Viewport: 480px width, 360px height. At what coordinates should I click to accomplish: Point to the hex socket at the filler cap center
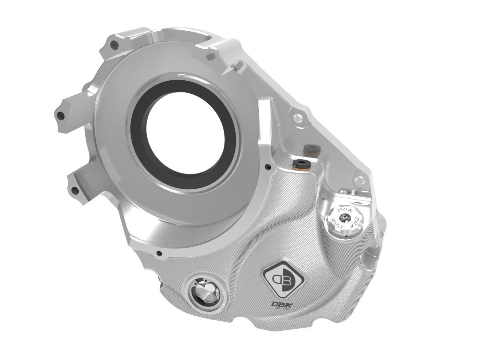click(x=344, y=218)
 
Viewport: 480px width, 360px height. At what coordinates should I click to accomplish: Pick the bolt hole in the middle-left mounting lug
click(x=61, y=116)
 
